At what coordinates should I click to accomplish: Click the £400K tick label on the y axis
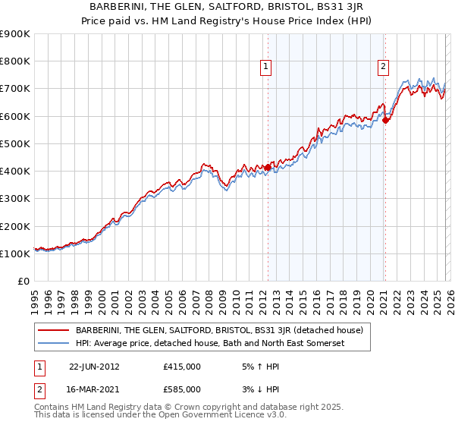point(15,172)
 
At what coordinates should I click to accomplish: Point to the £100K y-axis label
point(15,253)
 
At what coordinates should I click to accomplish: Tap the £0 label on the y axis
point(24,282)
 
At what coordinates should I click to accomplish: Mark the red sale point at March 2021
point(385,120)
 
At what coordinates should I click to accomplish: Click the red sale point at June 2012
point(268,167)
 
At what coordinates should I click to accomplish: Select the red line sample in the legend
point(54,330)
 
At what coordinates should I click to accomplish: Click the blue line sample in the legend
point(54,344)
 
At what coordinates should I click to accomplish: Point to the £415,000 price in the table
point(182,367)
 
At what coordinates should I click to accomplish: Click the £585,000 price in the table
point(182,389)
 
